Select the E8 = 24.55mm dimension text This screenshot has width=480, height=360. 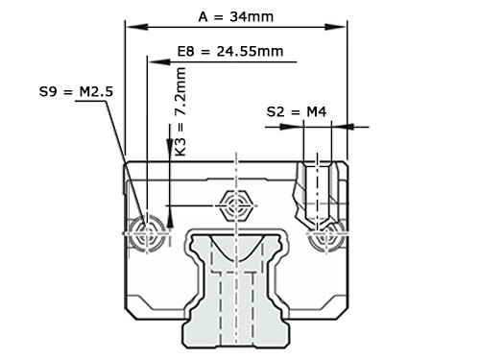pyautogui.click(x=230, y=51)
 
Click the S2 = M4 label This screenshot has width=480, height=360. pyautogui.click(x=297, y=112)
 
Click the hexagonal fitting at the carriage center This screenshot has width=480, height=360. pyautogui.click(x=235, y=204)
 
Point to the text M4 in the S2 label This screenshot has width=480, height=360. pyautogui.click(x=315, y=112)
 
